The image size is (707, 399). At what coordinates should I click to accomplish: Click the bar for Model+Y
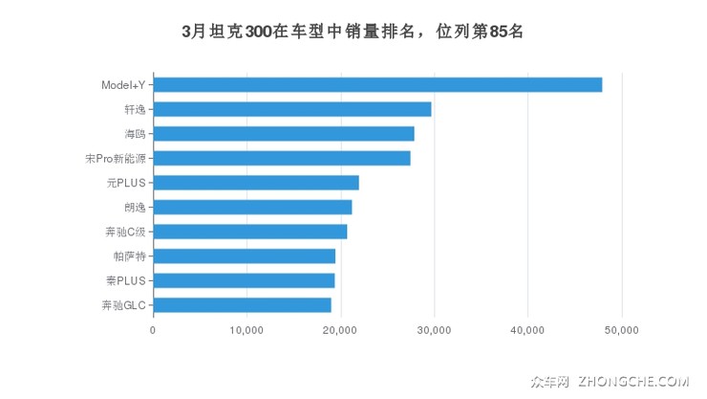377,85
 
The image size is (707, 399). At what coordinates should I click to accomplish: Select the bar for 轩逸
292,109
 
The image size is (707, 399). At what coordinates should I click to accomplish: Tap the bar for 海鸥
284,134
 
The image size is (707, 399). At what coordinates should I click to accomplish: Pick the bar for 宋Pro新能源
282,158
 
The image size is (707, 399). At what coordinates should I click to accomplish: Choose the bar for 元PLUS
256,183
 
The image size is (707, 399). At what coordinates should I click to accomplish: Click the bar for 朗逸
252,207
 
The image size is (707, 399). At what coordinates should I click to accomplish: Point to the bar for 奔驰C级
250,232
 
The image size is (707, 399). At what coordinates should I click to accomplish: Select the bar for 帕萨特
245,256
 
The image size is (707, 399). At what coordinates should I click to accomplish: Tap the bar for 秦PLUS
244,280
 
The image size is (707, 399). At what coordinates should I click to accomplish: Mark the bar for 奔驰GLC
243,305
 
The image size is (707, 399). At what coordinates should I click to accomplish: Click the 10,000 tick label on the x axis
246,330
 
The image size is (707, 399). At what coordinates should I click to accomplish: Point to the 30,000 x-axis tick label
434,330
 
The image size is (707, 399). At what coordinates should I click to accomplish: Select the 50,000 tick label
622,330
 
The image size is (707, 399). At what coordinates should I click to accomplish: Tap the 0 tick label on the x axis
153,330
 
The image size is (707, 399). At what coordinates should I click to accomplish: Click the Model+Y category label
123,85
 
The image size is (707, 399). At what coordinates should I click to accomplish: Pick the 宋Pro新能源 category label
115,158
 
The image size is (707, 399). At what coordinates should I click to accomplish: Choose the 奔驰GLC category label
124,305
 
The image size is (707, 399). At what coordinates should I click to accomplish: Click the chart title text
353,32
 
